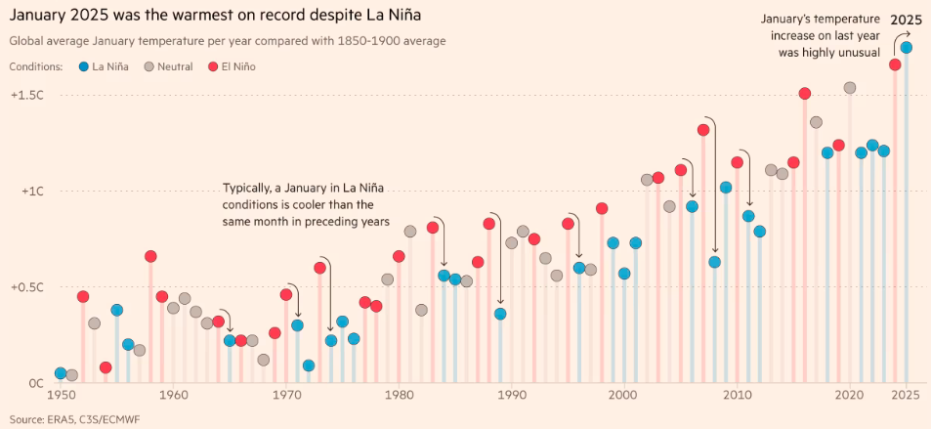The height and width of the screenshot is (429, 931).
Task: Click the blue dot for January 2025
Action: [x=906, y=47]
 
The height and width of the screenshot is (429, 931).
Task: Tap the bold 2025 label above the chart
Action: [x=906, y=18]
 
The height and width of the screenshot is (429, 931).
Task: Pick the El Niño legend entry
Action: [x=239, y=66]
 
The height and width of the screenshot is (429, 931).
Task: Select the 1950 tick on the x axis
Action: [x=61, y=395]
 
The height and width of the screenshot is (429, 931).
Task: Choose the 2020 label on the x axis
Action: [x=849, y=395]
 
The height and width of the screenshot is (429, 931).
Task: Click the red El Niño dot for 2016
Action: [x=804, y=94]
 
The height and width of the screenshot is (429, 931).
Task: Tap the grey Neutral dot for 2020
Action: [x=850, y=88]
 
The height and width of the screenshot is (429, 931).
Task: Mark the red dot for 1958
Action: [x=150, y=256]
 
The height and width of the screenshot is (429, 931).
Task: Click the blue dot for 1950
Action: [x=61, y=373]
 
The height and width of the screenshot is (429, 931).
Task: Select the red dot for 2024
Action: [x=895, y=64]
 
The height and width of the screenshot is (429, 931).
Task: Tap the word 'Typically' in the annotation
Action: [x=252, y=187]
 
